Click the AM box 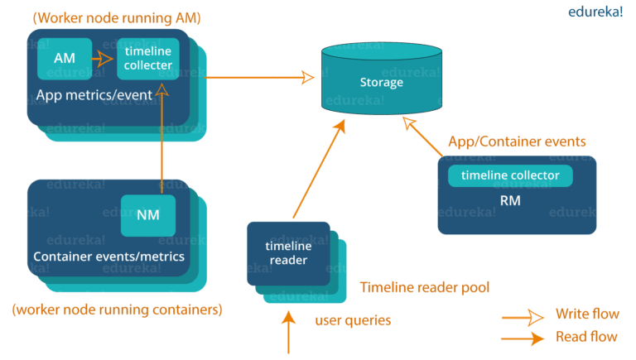[65, 58]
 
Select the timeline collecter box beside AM [148, 59]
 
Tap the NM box [148, 215]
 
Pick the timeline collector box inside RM [510, 175]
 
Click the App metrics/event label [94, 95]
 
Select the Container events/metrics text [108, 256]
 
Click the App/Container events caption [516, 142]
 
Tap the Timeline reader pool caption [423, 287]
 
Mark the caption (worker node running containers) [117, 310]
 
